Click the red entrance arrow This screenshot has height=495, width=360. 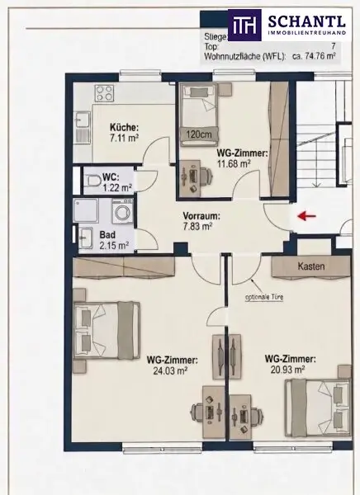[x=307, y=216]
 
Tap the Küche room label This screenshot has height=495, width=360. [x=124, y=128]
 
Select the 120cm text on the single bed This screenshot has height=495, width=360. [x=199, y=134]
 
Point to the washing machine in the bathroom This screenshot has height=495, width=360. [x=123, y=211]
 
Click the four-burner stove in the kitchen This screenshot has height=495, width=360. [x=105, y=93]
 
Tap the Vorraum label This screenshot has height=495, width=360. [x=201, y=216]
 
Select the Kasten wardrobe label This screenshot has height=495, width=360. [x=311, y=266]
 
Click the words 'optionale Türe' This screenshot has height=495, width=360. [x=264, y=297]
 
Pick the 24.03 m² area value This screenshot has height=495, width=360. [x=170, y=370]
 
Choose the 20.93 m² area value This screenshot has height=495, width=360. [x=287, y=369]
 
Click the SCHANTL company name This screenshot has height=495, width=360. [x=306, y=21]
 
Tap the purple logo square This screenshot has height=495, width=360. [x=244, y=26]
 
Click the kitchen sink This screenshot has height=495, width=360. [x=83, y=120]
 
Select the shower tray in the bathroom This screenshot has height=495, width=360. [x=86, y=210]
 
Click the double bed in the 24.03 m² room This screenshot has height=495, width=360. [x=107, y=330]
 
